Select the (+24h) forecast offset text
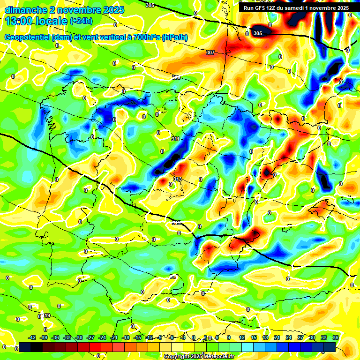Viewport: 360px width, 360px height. pos(81,21)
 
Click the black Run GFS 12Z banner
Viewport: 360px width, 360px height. pos(295,8)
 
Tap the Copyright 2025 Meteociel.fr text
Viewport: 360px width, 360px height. pos(199,356)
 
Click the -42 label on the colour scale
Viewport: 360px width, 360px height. pos(32,337)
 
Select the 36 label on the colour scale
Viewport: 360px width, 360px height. pos(336,337)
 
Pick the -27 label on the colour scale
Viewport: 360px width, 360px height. pos(91,337)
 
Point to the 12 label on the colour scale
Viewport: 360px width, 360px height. pos(242,337)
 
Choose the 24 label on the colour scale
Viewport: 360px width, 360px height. pos(289,337)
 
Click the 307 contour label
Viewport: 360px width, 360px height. pos(210,52)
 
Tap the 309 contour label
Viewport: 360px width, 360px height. pos(176,77)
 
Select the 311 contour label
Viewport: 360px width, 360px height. pos(176,139)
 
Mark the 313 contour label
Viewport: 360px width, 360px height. pos(178,179)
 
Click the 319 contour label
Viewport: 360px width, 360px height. pos(46,315)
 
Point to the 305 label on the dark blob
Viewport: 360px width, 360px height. pos(258,33)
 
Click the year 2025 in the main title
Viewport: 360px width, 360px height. pos(113,10)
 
